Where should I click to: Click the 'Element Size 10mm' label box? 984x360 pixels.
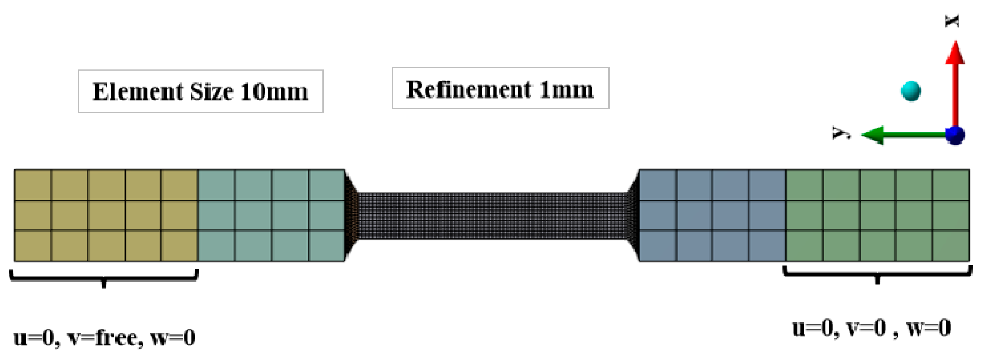click(201, 91)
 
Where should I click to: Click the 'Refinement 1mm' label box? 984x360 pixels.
click(500, 88)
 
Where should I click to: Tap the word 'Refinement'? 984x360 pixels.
click(468, 89)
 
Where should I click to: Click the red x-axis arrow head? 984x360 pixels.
click(955, 53)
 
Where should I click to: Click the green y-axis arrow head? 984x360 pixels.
click(873, 135)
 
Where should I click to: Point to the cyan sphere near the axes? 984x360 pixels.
click(911, 91)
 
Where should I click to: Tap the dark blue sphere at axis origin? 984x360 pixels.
click(955, 135)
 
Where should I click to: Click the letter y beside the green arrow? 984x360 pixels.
click(842, 133)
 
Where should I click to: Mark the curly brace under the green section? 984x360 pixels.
click(877, 274)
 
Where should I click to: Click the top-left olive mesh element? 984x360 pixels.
click(32, 185)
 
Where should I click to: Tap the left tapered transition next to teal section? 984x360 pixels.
click(351, 216)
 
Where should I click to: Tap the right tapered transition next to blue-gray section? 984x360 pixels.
click(633, 216)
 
